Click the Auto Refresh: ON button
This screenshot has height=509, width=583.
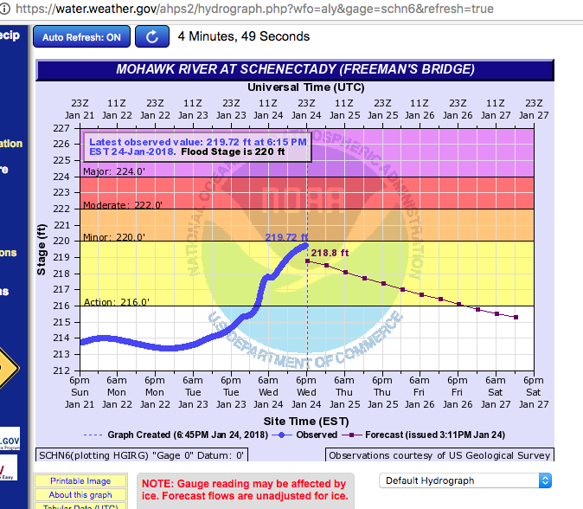(x=82, y=37)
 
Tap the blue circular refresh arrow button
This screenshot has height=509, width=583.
(x=152, y=37)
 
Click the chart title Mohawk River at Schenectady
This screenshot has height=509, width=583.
(x=294, y=70)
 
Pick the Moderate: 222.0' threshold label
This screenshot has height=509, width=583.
(x=122, y=204)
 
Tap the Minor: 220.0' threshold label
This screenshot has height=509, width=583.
(x=113, y=237)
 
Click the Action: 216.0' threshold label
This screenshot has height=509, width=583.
(x=116, y=302)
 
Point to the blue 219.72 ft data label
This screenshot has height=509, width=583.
(x=286, y=236)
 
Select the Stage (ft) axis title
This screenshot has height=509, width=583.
(x=42, y=249)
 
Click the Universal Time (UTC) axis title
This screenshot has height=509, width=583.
(x=307, y=87)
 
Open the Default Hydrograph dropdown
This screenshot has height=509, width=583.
(x=465, y=480)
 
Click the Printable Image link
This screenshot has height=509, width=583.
(x=80, y=481)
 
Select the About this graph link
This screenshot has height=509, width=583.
(x=80, y=495)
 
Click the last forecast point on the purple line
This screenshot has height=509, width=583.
(x=516, y=317)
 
